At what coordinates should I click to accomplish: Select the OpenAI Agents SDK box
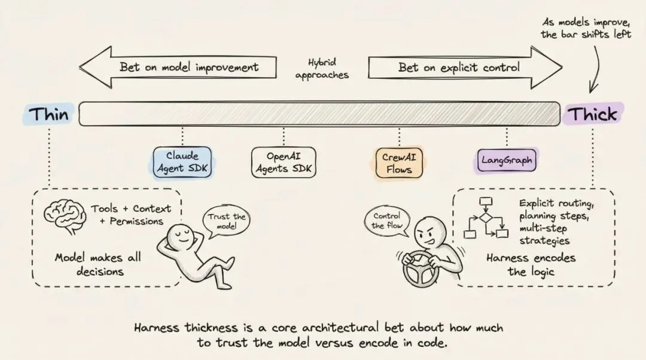[x=283, y=162]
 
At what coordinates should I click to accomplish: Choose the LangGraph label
[x=506, y=160]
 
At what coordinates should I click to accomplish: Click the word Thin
[x=49, y=114]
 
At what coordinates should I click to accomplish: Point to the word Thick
[x=592, y=114]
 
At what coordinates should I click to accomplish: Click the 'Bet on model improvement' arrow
[x=179, y=67]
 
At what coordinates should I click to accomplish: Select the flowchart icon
[x=485, y=219]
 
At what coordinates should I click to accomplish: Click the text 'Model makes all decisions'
[x=97, y=264]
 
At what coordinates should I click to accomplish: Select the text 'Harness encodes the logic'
[x=531, y=264]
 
